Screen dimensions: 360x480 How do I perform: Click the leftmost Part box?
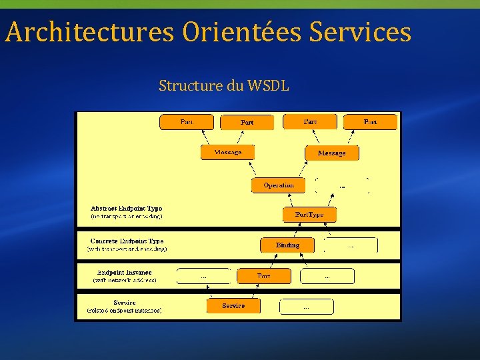pyautogui.click(x=187, y=122)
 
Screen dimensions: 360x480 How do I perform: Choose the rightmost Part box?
pyautogui.click(x=370, y=122)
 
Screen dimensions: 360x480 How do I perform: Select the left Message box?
pyautogui.click(x=227, y=152)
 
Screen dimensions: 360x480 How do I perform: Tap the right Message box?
pyautogui.click(x=331, y=153)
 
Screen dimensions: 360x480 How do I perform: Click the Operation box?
pyautogui.click(x=278, y=185)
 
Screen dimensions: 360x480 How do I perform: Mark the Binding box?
pyautogui.click(x=287, y=245)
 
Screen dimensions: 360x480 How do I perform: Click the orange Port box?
pyautogui.click(x=264, y=275)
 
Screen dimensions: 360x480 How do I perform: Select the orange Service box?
pyautogui.click(x=233, y=305)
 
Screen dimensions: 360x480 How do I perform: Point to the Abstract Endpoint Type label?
pyautogui.click(x=127, y=209)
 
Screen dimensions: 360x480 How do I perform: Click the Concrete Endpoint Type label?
pyautogui.click(x=127, y=241)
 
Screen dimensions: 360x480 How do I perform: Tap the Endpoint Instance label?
pyautogui.click(x=125, y=272)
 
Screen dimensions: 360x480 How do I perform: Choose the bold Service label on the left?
pyautogui.click(x=125, y=302)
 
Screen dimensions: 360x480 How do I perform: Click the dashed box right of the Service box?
pyautogui.click(x=306, y=307)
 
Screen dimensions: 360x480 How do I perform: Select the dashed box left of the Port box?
pyautogui.click(x=203, y=275)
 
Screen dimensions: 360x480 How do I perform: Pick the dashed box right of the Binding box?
pyautogui.click(x=351, y=245)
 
